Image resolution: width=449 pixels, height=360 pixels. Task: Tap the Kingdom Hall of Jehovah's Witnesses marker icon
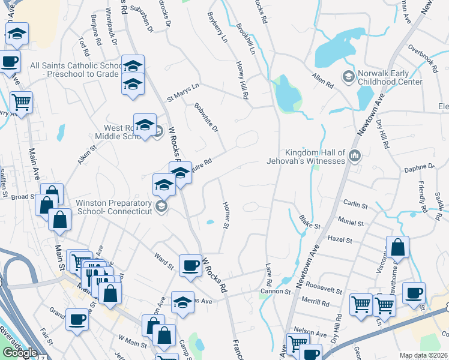(355, 157)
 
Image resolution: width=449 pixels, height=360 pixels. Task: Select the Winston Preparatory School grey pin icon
(160, 208)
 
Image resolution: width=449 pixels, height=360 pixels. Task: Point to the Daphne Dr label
(420, 166)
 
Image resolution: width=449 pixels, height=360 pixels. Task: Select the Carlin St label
(355, 205)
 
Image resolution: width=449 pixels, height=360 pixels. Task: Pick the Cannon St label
(275, 292)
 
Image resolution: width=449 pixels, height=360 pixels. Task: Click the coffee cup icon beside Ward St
(190, 265)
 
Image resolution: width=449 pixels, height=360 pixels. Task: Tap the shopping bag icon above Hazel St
(397, 247)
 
